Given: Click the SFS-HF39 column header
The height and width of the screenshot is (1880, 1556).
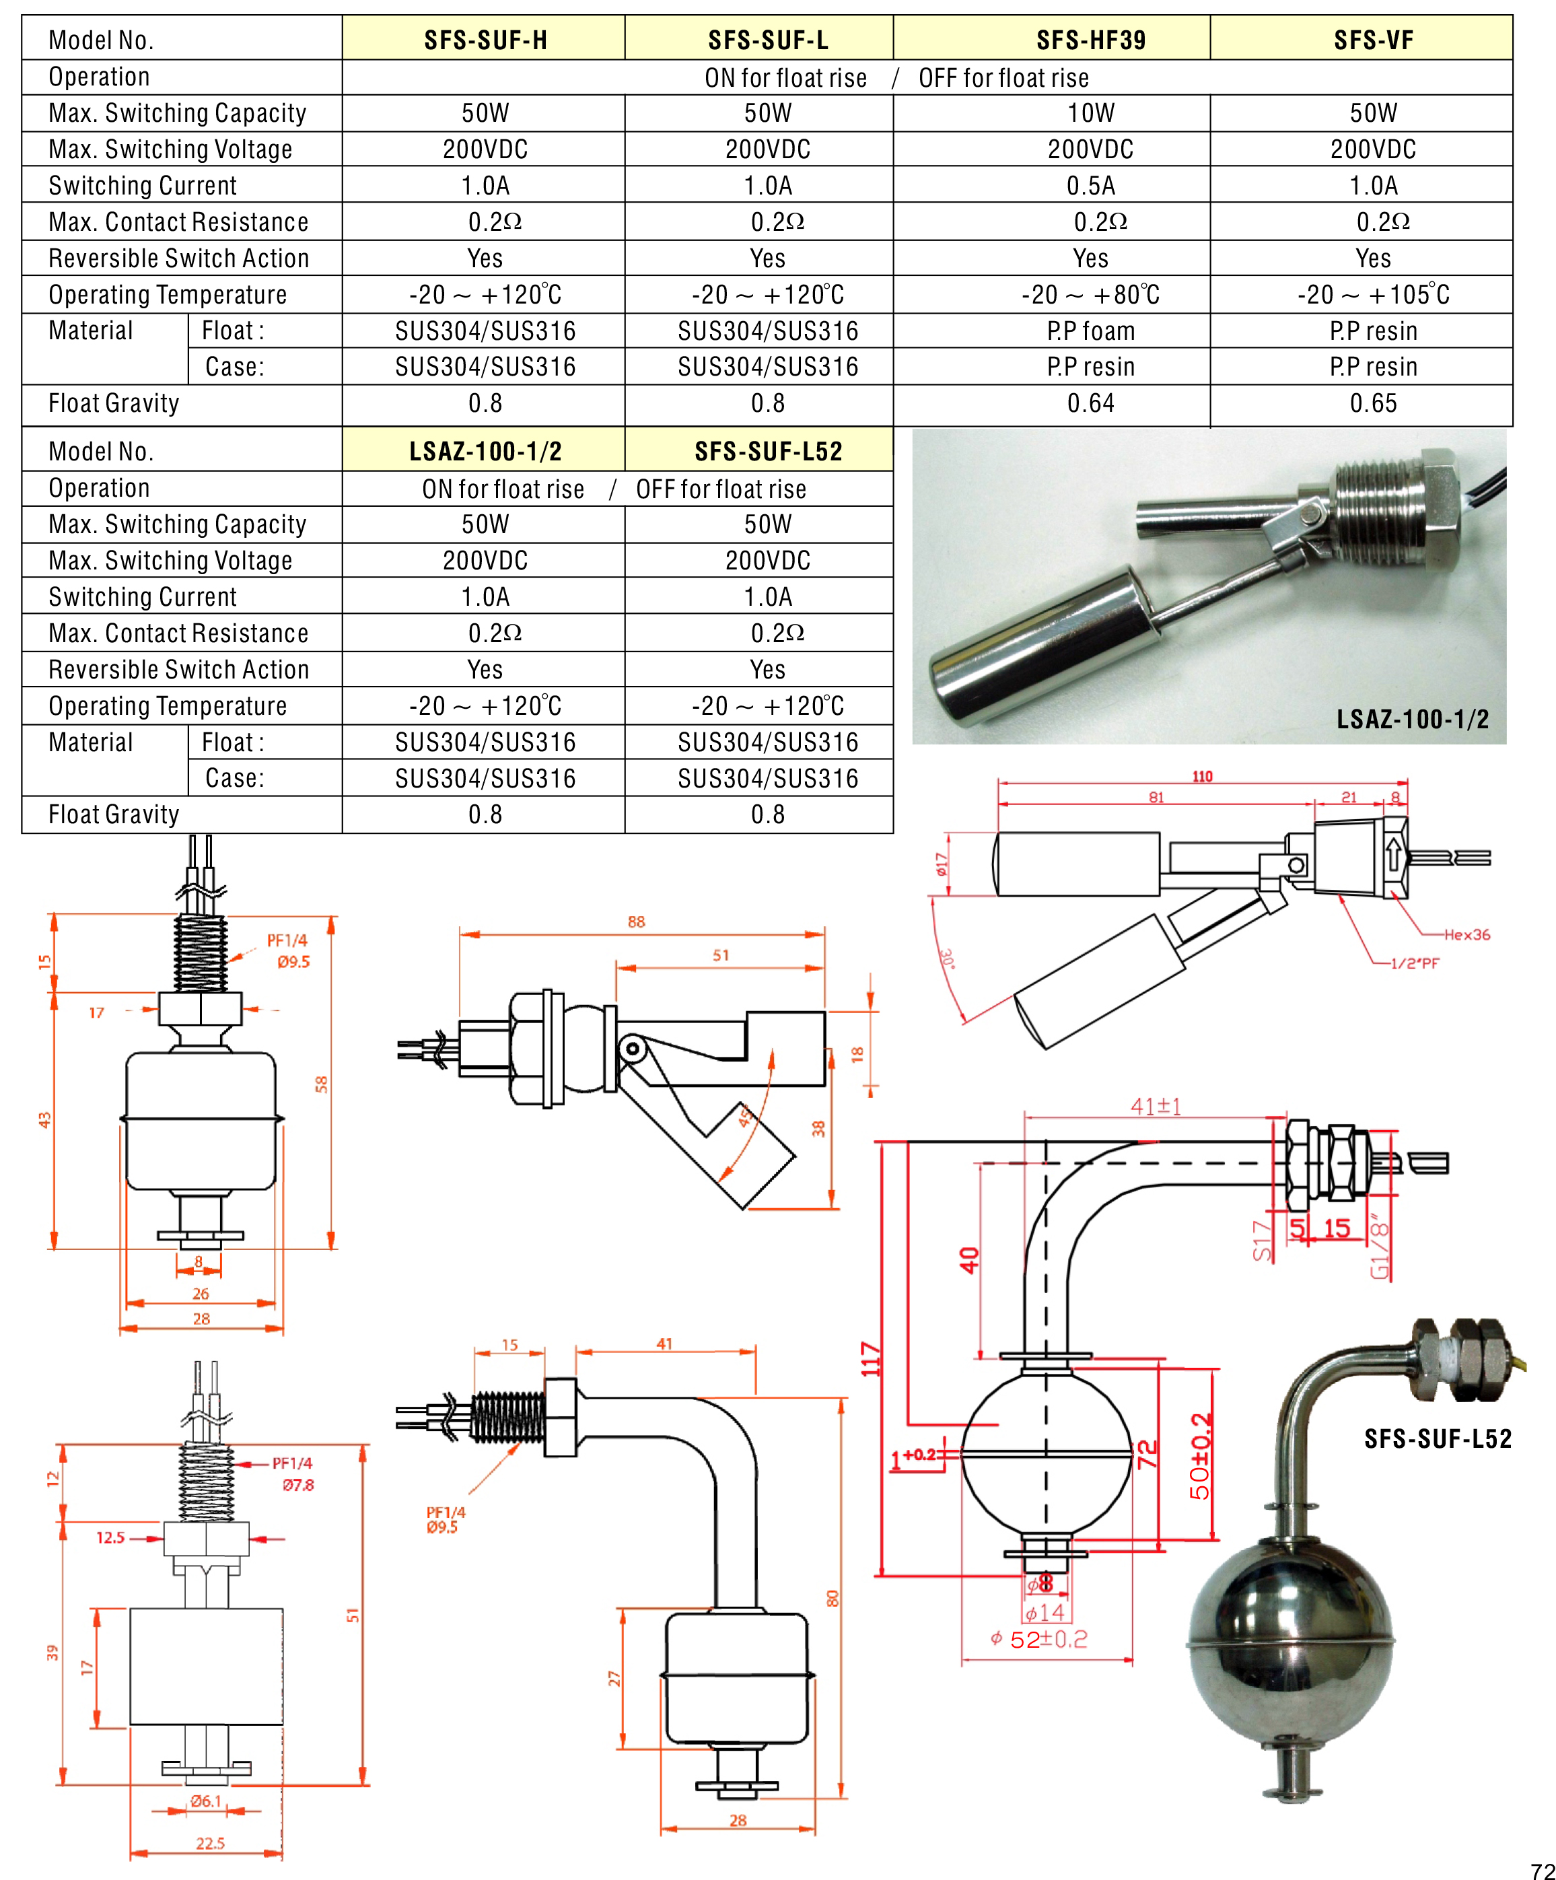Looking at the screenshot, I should pos(1090,40).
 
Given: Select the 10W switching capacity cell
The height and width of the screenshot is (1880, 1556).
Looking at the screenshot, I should pos(1090,113).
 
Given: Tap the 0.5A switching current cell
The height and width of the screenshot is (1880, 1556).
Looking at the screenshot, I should pos(1090,185).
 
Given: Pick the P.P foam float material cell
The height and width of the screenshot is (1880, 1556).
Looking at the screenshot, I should pos(1090,331).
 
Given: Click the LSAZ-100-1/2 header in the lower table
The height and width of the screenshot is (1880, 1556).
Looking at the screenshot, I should pos(485,451).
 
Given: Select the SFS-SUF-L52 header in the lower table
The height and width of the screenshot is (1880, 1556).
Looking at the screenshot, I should pos(768,451).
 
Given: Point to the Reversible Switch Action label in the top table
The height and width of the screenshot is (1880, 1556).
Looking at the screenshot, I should pos(178,258).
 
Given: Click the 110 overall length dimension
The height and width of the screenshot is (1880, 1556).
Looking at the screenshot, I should pos(1201,776).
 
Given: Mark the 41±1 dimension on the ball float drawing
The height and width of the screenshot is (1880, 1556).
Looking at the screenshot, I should pos(1155,1107).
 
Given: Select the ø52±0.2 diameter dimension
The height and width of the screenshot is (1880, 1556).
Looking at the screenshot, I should pos(1039,1639).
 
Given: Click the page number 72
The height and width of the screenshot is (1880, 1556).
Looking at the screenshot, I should pos(1542,1870).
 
